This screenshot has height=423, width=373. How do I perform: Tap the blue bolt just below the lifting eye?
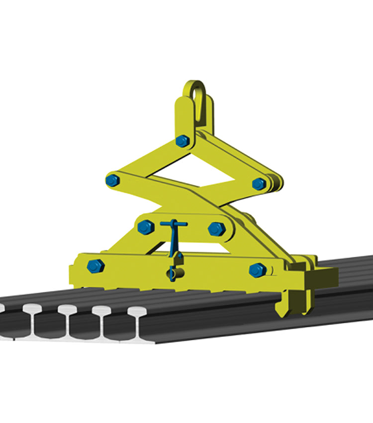coord(183,141)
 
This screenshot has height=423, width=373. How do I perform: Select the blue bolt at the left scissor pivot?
coord(112,180)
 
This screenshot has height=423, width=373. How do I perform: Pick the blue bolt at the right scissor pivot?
coord(259,184)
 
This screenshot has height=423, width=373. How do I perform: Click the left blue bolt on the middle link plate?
coord(145,227)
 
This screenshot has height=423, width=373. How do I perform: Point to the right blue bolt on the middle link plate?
coord(216,229)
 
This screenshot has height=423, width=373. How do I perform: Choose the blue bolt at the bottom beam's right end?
coord(257,270)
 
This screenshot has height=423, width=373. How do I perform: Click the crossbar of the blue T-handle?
coord(174,224)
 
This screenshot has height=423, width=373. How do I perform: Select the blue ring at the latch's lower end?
coord(173,273)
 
